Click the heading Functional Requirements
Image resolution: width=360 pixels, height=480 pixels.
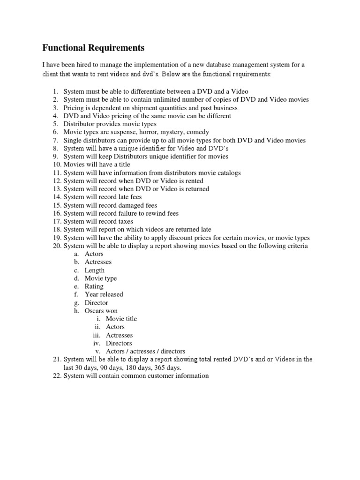[93, 48]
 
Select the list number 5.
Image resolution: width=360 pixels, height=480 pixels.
[55, 124]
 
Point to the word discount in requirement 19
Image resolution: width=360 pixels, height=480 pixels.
[187, 238]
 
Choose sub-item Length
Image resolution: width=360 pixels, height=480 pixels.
[94, 270]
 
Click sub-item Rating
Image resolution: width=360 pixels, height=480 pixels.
[94, 286]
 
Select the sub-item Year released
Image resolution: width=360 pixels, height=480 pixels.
[104, 294]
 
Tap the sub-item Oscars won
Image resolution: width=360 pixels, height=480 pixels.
[101, 311]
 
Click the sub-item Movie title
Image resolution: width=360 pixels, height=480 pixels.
[121, 319]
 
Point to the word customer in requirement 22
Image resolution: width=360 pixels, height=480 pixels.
[159, 376]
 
